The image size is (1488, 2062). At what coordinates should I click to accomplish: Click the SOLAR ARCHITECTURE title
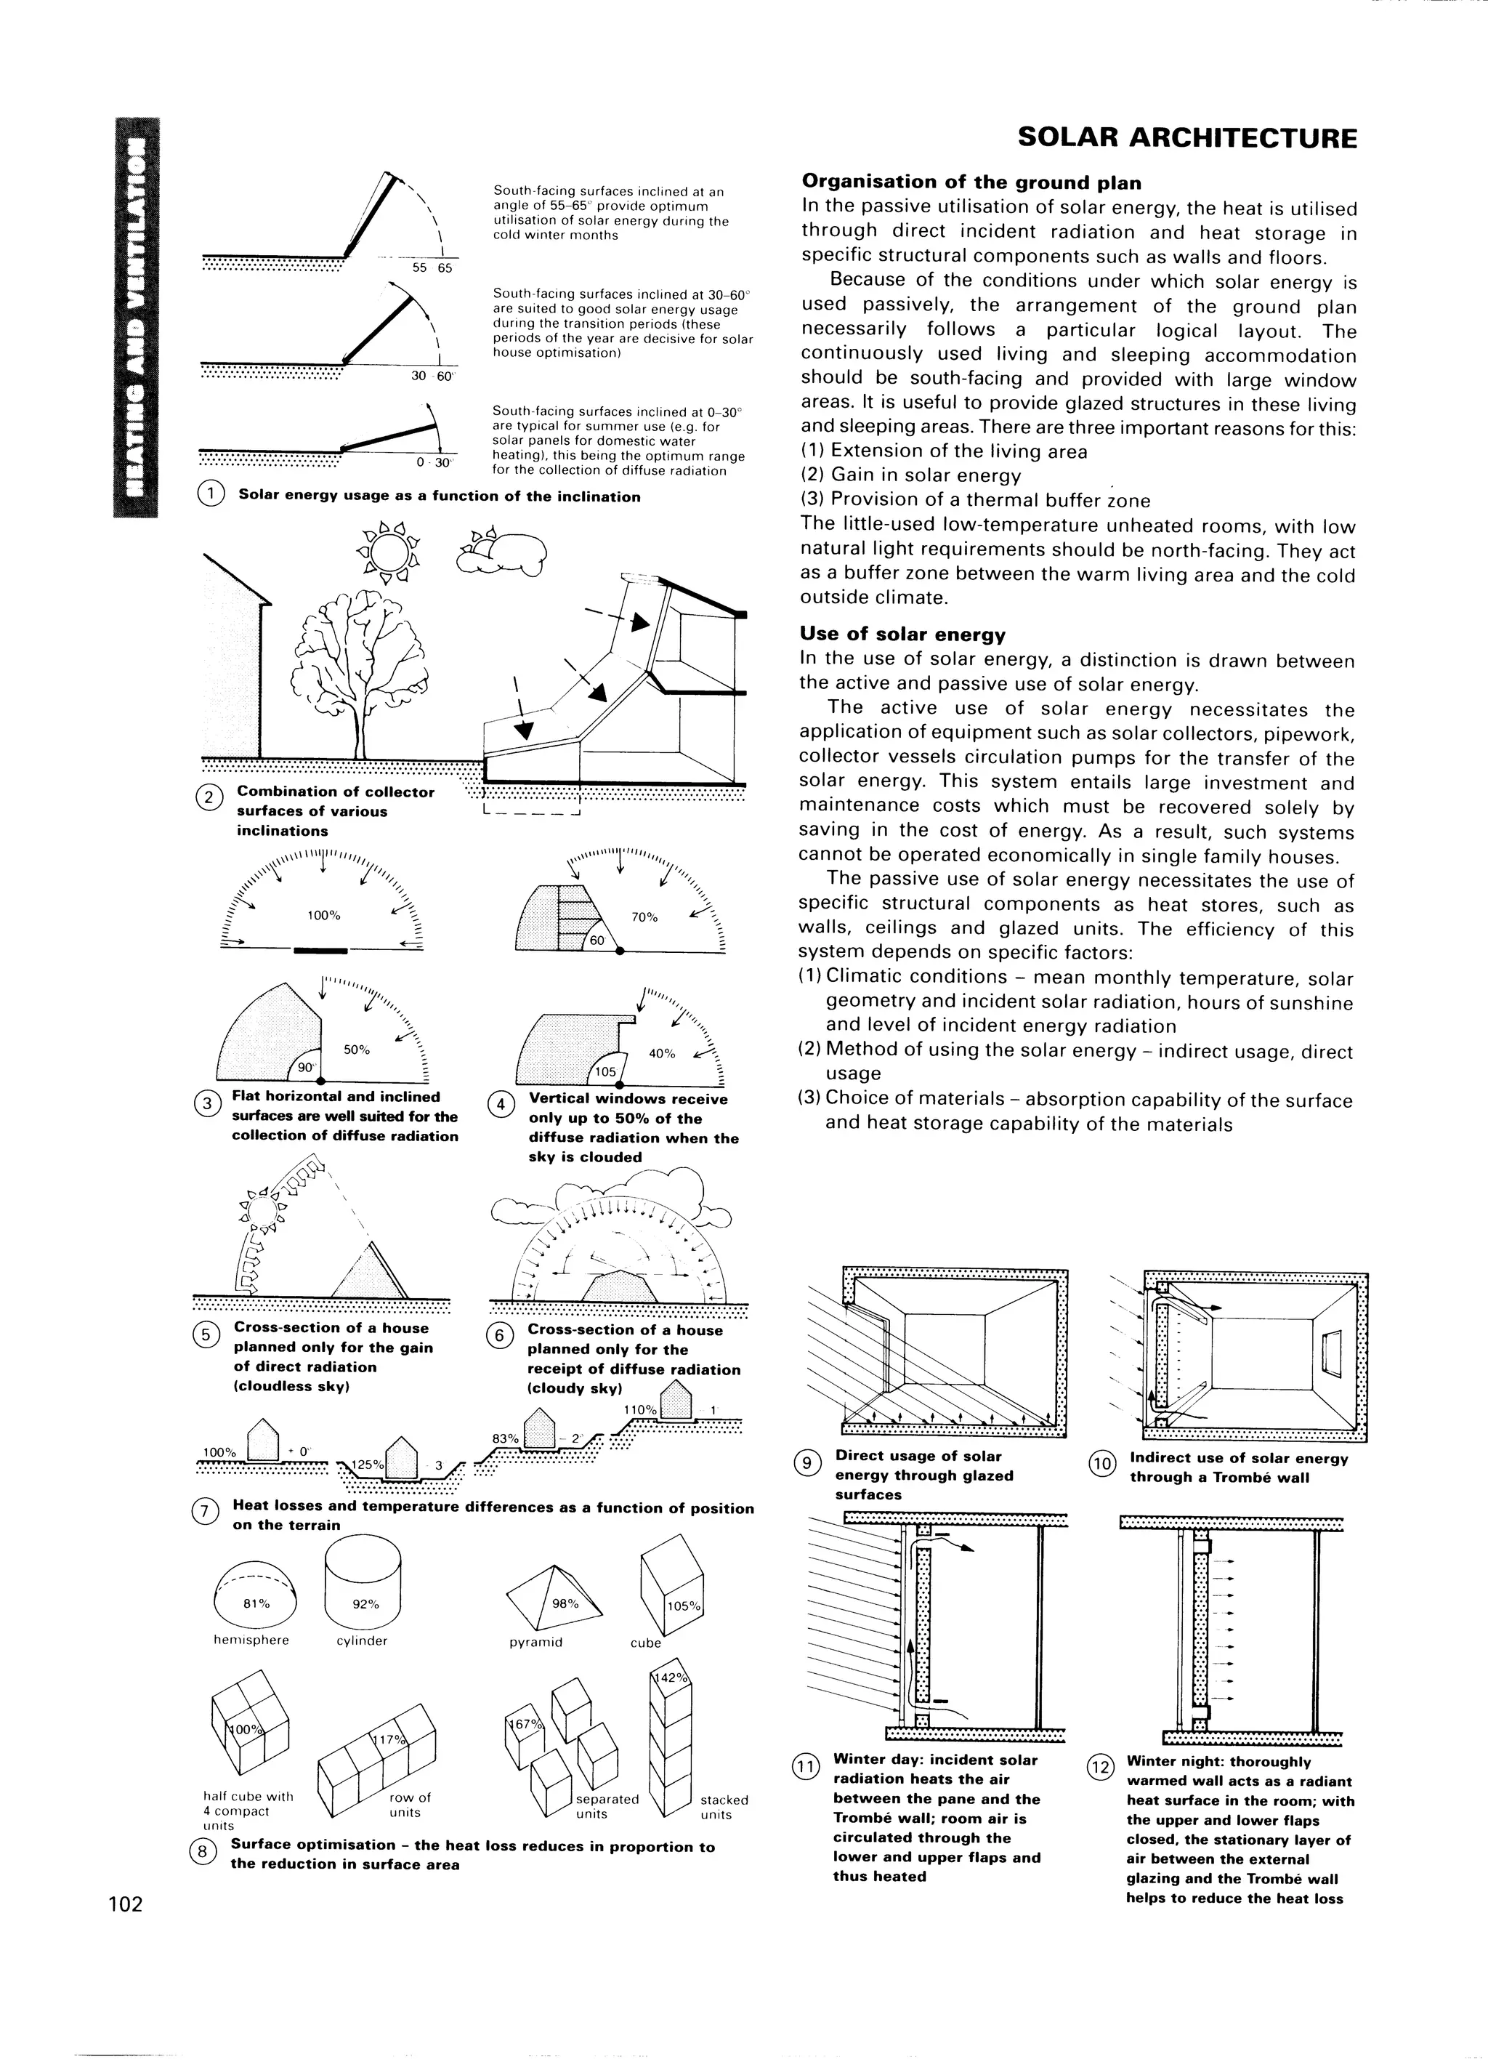coord(1187,138)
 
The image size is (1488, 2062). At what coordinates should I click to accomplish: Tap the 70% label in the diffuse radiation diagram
coord(644,917)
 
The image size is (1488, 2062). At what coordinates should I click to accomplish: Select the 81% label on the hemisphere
coord(256,1604)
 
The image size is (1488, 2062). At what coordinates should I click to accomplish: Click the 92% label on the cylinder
coord(365,1605)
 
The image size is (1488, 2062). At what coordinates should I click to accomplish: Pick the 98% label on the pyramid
coord(565,1604)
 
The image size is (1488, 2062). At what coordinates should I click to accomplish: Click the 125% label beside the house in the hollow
coord(369,1465)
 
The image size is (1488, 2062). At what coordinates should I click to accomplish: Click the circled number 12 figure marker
coord(1101,1766)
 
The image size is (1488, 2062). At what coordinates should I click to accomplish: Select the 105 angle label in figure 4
coord(605,1073)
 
